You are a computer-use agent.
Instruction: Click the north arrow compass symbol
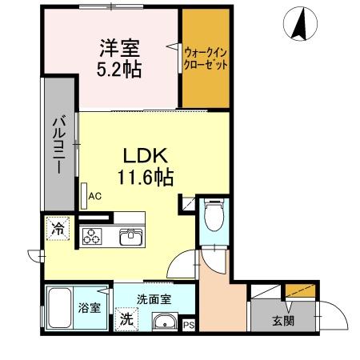pyautogui.click(x=300, y=24)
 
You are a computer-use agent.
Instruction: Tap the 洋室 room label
pyautogui.click(x=120, y=48)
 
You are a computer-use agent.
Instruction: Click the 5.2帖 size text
pyautogui.click(x=119, y=70)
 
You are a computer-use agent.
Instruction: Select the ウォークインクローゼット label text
pyautogui.click(x=206, y=58)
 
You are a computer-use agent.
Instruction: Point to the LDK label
pyautogui.click(x=146, y=155)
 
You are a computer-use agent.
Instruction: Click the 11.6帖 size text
pyautogui.click(x=146, y=177)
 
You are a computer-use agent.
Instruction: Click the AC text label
pyautogui.click(x=95, y=196)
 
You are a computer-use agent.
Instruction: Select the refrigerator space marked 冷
pyautogui.click(x=58, y=229)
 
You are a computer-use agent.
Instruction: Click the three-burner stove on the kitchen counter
pyautogui.click(x=92, y=236)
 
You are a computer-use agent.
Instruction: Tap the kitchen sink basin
pyautogui.click(x=130, y=237)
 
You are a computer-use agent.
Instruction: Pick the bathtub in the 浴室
pyautogui.click(x=59, y=308)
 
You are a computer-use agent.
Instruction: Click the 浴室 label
pyautogui.click(x=90, y=308)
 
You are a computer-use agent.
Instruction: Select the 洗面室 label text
pyautogui.click(x=154, y=300)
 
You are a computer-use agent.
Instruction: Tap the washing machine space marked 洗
pyautogui.click(x=126, y=319)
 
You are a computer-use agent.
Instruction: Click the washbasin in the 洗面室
pyautogui.click(x=165, y=322)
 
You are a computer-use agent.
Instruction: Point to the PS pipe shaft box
pyautogui.click(x=189, y=325)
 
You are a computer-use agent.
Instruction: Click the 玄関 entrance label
pyautogui.click(x=283, y=321)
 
